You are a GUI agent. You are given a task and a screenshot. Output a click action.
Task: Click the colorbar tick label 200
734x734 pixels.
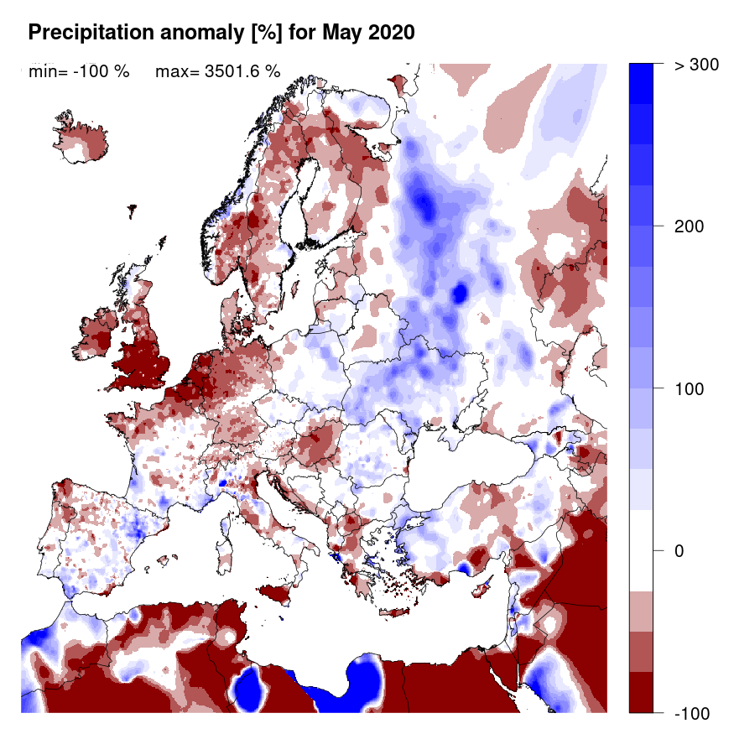coord(689,226)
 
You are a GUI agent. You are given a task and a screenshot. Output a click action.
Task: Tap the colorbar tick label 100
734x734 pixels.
coord(689,389)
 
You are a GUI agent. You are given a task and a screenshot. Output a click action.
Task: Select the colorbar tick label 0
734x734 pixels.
coord(680,551)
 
